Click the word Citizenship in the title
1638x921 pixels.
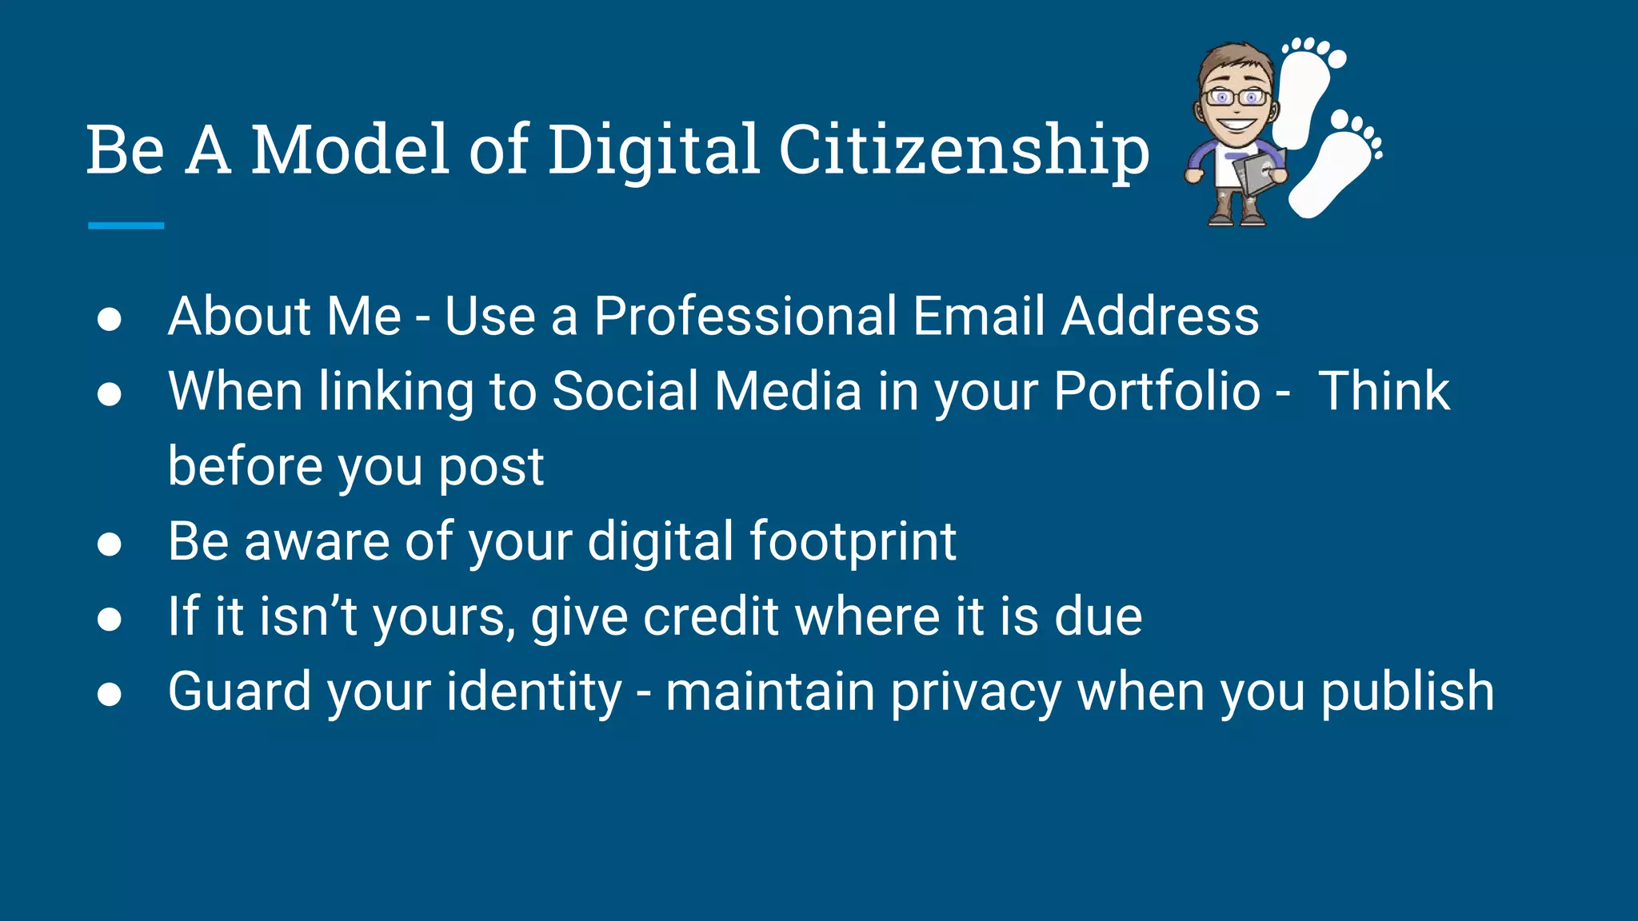tap(964, 150)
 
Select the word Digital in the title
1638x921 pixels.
tap(653, 150)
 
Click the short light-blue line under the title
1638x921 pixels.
tap(126, 226)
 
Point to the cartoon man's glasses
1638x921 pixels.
tap(1236, 98)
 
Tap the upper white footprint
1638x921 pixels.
tap(1306, 92)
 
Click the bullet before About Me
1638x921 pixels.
tap(109, 319)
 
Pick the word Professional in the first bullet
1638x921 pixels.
tap(745, 316)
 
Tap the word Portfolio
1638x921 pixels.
tap(1157, 392)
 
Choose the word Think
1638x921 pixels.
tap(1384, 392)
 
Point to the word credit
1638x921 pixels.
tap(711, 616)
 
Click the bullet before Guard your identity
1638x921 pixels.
tap(109, 694)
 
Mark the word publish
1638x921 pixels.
tap(1407, 692)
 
